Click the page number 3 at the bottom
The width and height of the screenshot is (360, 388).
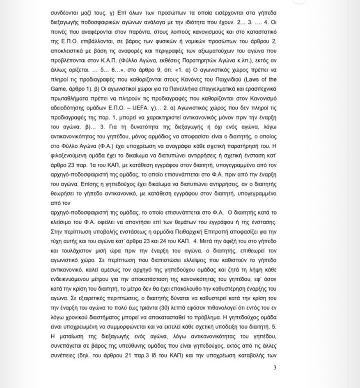pos(275,367)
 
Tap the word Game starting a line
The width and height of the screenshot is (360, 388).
pos(58,89)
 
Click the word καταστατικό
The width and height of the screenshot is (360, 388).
pos(258,32)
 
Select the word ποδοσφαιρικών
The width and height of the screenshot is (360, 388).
pos(102,22)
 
